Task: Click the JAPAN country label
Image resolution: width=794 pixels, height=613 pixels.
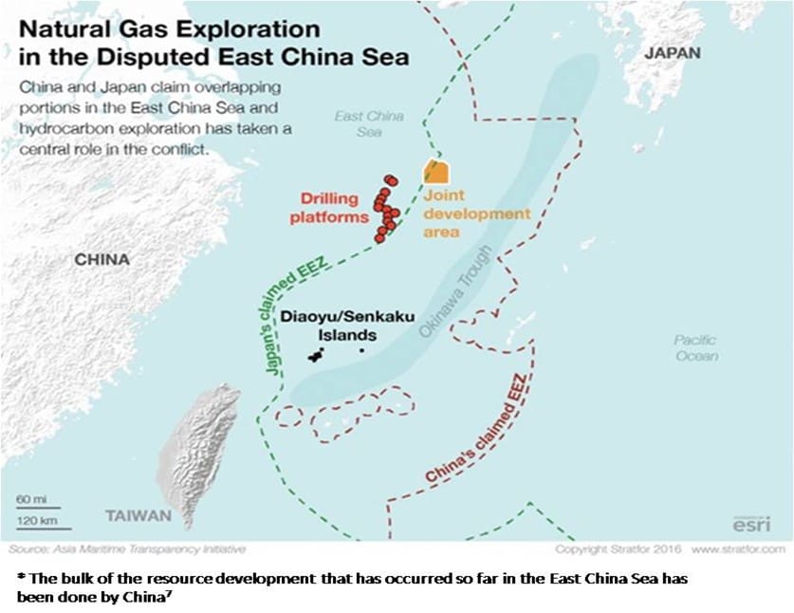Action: pyautogui.click(x=672, y=53)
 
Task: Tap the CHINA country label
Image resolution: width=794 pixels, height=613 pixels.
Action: pyautogui.click(x=102, y=259)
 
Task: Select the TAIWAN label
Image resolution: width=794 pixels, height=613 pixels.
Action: pyautogui.click(x=138, y=515)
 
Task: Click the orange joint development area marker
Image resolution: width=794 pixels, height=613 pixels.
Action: pyautogui.click(x=435, y=171)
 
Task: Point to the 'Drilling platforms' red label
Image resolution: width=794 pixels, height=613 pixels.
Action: pyautogui.click(x=334, y=208)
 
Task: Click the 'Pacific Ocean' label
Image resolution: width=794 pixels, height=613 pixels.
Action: pyautogui.click(x=695, y=347)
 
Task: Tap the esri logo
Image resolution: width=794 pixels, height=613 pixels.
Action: pyautogui.click(x=751, y=524)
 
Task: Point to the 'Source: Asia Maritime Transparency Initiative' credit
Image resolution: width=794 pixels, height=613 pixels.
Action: pyautogui.click(x=126, y=549)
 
